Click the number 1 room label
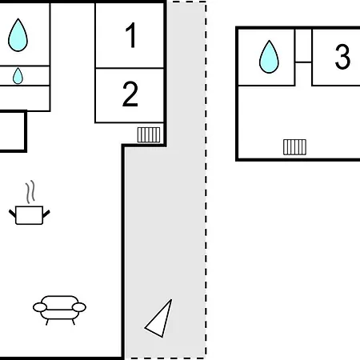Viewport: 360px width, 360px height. (x=131, y=35)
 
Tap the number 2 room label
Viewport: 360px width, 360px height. (x=130, y=94)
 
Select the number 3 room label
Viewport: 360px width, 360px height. (x=342, y=57)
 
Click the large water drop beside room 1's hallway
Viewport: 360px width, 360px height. (x=18, y=35)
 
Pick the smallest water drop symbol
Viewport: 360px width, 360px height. (x=18, y=76)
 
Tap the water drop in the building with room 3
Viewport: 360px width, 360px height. (x=269, y=57)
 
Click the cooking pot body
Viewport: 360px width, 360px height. (x=30, y=215)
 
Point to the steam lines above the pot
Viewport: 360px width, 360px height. (x=30, y=192)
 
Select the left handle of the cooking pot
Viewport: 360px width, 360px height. (x=12, y=214)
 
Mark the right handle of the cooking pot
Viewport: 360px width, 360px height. (x=46, y=214)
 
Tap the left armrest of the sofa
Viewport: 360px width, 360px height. (x=40, y=307)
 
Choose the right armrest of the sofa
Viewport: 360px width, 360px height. (x=79, y=307)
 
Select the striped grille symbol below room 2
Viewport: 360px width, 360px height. (x=149, y=135)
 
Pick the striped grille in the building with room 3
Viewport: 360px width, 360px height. (x=294, y=147)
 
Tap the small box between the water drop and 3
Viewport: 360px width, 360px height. (x=303, y=46)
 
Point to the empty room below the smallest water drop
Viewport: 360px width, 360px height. (x=25, y=98)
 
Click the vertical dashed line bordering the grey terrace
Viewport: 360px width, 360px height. (x=206, y=179)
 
